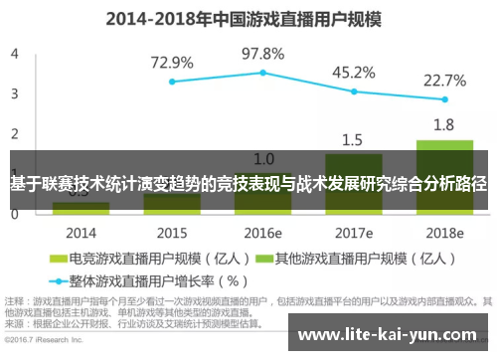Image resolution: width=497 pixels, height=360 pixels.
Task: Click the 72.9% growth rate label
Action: [x=172, y=63]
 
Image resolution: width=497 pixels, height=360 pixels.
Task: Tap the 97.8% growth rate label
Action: [x=262, y=53]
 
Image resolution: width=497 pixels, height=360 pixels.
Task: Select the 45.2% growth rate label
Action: [x=353, y=72]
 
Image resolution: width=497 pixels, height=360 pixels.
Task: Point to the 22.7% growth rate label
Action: [x=444, y=81]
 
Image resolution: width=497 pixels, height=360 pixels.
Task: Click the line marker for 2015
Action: [x=172, y=82]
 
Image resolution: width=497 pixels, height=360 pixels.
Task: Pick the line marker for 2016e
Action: [x=262, y=73]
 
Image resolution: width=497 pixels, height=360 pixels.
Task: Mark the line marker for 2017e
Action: [x=354, y=91]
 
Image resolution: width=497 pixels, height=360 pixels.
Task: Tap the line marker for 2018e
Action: [x=444, y=100]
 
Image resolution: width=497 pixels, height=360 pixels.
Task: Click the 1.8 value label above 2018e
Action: [x=444, y=124]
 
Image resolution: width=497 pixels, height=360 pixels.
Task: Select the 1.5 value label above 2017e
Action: [x=353, y=139]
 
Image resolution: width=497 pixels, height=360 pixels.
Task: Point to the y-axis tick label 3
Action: [x=15, y=93]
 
